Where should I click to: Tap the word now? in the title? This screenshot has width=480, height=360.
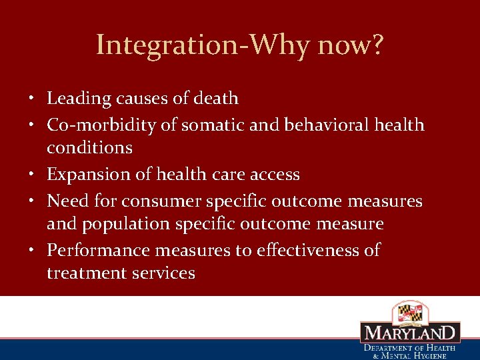(x=351, y=46)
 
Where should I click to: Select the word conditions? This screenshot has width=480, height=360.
(x=89, y=147)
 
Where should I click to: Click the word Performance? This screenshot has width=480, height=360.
(x=98, y=250)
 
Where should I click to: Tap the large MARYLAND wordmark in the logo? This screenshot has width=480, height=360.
(x=410, y=333)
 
